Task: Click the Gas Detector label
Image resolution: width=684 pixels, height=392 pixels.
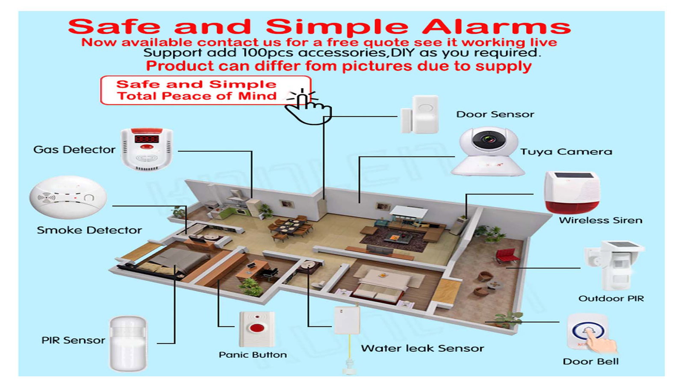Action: pyautogui.click(x=74, y=150)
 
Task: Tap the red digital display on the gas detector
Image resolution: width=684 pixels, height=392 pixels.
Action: pyautogui.click(x=147, y=139)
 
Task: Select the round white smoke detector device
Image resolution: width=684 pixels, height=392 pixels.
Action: pyautogui.click(x=68, y=197)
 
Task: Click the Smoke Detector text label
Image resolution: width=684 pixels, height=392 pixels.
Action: pyautogui.click(x=89, y=230)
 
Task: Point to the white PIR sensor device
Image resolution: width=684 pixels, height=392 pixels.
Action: pyautogui.click(x=128, y=343)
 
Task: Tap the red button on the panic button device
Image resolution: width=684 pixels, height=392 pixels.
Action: pyautogui.click(x=257, y=328)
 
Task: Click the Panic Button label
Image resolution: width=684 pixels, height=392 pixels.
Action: pyautogui.click(x=253, y=355)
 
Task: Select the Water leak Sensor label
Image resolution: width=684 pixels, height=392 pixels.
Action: pyautogui.click(x=422, y=348)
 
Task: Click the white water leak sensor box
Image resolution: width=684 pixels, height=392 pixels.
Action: pyautogui.click(x=347, y=320)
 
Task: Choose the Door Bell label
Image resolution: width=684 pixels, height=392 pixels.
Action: pyautogui.click(x=590, y=362)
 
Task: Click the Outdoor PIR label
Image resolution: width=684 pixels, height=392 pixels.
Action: pyautogui.click(x=611, y=298)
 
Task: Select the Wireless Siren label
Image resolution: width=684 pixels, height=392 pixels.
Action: pyautogui.click(x=601, y=220)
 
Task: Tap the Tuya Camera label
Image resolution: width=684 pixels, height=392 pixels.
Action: pyautogui.click(x=566, y=151)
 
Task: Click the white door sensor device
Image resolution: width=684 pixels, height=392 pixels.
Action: pyautogui.click(x=420, y=114)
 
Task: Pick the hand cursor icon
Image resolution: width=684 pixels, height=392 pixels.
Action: pyautogui.click(x=308, y=107)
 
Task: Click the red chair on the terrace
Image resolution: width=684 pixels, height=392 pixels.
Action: pyautogui.click(x=506, y=256)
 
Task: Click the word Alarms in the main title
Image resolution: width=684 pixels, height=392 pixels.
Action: pyautogui.click(x=496, y=27)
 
